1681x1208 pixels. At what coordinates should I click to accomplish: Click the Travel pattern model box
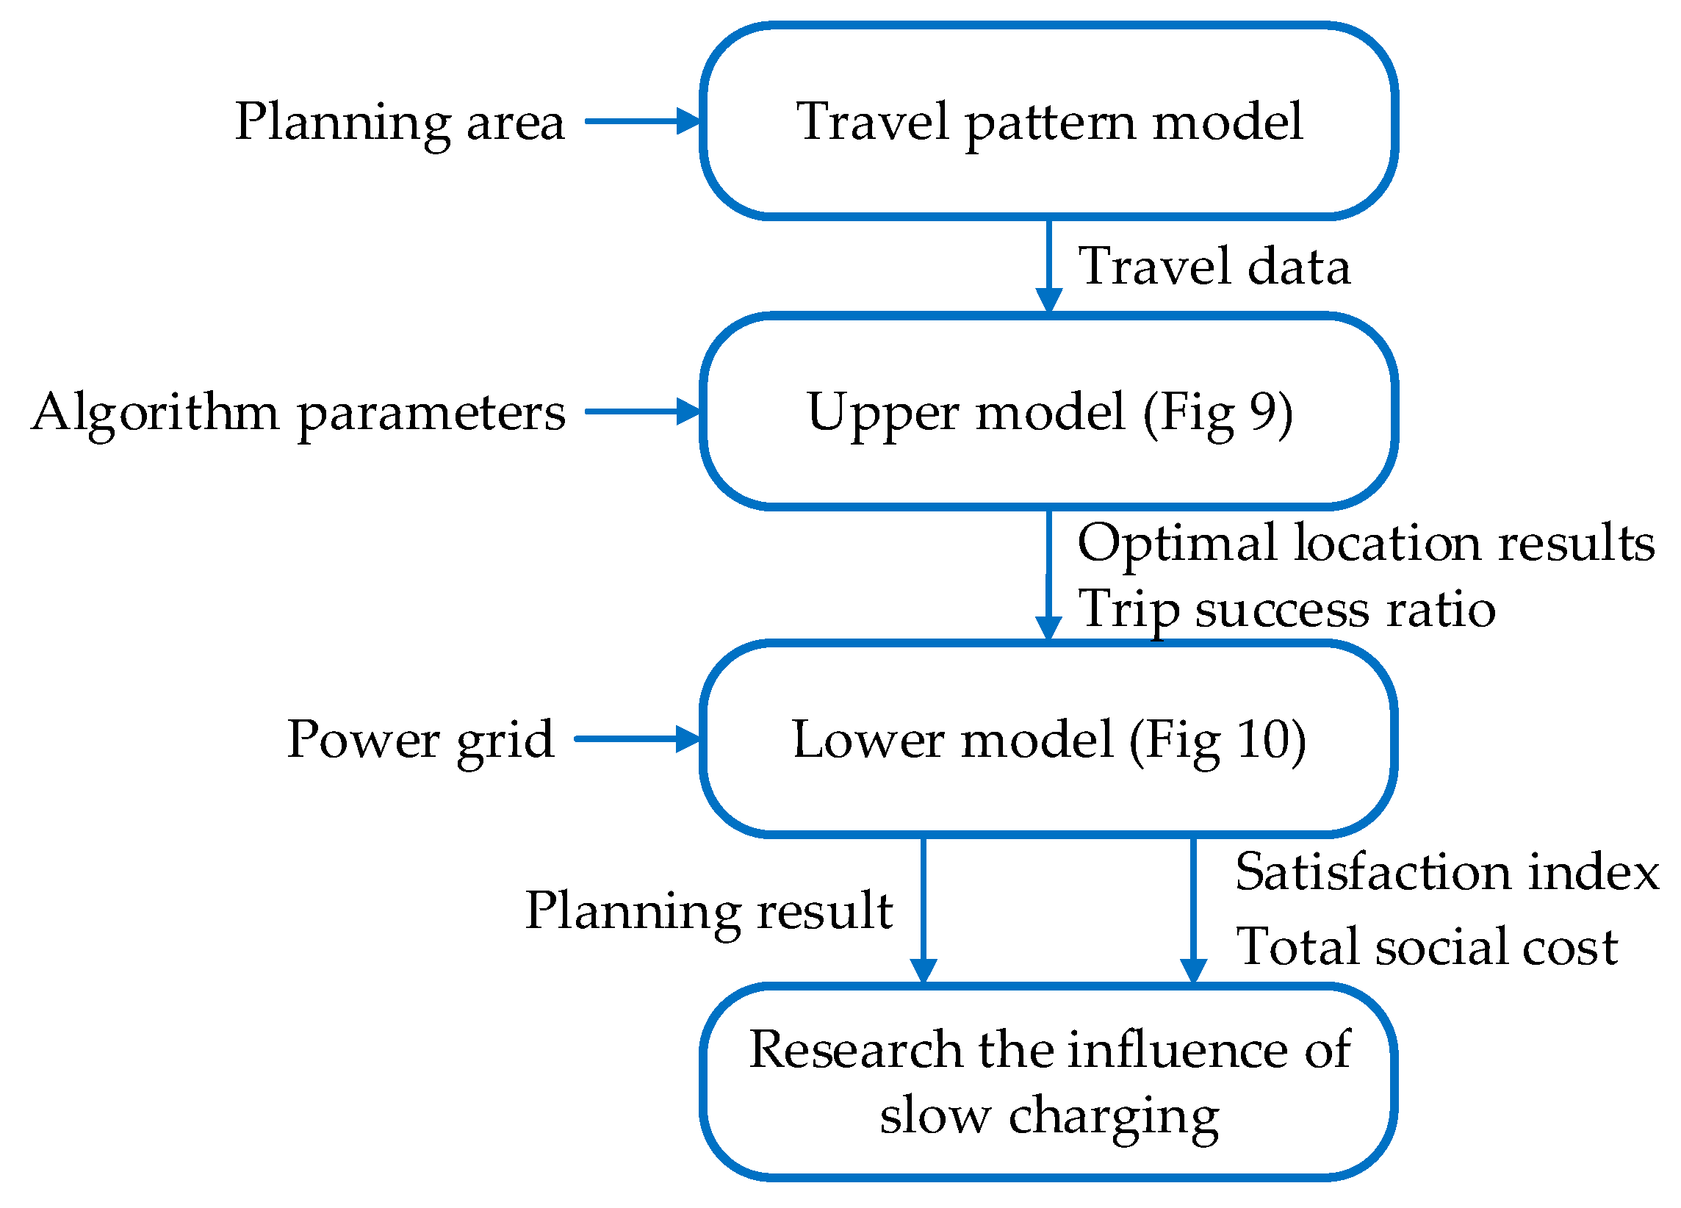click(x=1048, y=121)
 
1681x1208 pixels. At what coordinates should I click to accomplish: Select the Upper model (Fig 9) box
click(x=1048, y=411)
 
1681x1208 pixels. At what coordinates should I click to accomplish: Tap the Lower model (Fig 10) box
click(x=1048, y=739)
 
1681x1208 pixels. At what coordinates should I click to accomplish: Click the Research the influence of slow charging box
click(x=1048, y=1082)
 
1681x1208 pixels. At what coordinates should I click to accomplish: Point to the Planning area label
click(x=400, y=122)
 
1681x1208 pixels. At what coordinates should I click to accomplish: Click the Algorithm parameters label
click(x=298, y=413)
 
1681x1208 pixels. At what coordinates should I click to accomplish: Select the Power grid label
click(x=420, y=740)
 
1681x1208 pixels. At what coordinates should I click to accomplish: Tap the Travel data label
click(x=1213, y=267)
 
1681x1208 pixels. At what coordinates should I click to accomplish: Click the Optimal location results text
click(x=1365, y=543)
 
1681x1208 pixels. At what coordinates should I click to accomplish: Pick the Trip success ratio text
click(x=1286, y=609)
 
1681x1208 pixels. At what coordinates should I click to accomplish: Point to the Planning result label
click(x=708, y=910)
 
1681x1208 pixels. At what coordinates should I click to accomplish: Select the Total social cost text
click(x=1427, y=947)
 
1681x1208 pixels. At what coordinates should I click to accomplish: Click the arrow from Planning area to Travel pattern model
click(x=642, y=121)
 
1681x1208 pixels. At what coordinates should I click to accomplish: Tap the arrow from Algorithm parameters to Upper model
click(x=642, y=411)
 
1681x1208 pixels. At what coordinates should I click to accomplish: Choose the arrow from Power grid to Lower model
click(x=636, y=739)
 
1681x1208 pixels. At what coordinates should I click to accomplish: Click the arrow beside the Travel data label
click(x=1048, y=267)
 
